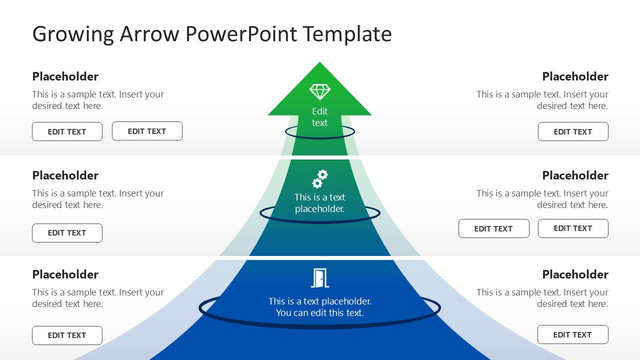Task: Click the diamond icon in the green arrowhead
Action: [x=320, y=91]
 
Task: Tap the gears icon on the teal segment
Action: [x=320, y=178]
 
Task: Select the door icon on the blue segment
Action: [x=320, y=278]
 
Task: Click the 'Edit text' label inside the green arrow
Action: [x=320, y=117]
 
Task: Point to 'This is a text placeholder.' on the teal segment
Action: [x=320, y=203]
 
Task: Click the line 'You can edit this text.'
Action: [x=320, y=313]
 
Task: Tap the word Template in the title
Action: [x=347, y=34]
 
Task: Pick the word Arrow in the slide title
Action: [x=149, y=34]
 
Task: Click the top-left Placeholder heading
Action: [x=65, y=76]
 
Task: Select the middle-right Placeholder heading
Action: [x=575, y=175]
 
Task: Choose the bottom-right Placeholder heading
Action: [x=575, y=274]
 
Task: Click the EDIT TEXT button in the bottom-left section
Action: [x=67, y=335]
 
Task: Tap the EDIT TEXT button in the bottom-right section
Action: [x=572, y=335]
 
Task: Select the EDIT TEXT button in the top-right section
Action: [x=573, y=132]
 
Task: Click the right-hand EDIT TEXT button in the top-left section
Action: [x=147, y=131]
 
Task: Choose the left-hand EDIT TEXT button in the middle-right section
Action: [x=493, y=229]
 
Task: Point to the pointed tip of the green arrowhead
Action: [x=319, y=63]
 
